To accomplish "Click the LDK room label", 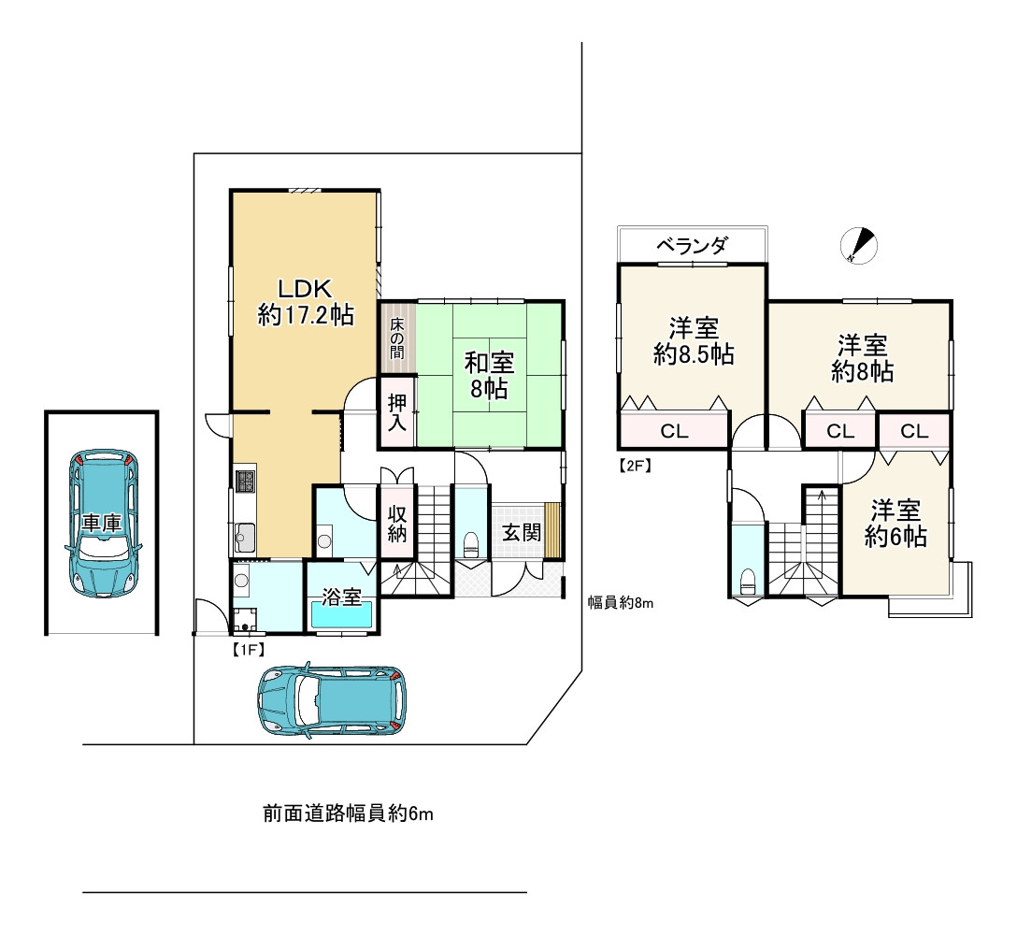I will [305, 301].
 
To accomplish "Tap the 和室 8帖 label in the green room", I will [490, 375].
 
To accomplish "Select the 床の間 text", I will [397, 338].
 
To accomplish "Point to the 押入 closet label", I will [397, 412].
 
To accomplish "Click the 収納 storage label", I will [396, 525].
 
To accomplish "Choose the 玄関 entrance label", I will [521, 533].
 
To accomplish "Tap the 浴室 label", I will [343, 597].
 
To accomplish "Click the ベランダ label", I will [692, 246].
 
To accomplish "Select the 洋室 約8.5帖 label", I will [692, 341].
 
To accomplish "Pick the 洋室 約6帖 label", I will [895, 524].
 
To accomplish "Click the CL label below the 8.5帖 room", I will [674, 431].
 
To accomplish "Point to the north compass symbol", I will [859, 244].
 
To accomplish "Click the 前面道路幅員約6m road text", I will [348, 814].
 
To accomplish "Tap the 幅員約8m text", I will [620, 603].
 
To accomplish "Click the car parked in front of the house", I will [333, 700].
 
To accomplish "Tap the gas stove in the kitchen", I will [245, 482].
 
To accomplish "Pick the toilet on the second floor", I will [748, 579].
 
